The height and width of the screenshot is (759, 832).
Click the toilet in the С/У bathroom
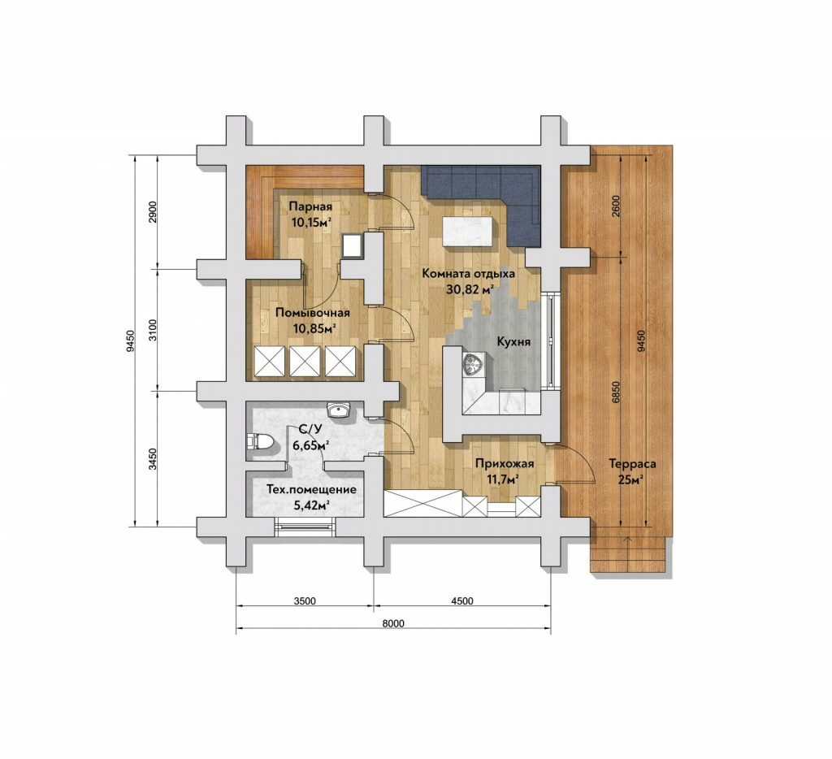tap(261, 441)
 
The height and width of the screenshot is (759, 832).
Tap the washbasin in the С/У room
tap(339, 410)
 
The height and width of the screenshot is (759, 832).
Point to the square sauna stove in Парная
tap(352, 245)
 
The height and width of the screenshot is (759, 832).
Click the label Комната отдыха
tap(469, 274)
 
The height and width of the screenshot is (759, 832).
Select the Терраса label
tap(632, 464)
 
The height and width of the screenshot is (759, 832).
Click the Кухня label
tap(513, 342)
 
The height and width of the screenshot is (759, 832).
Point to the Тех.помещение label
tap(311, 489)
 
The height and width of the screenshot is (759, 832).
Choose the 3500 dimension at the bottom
tap(305, 601)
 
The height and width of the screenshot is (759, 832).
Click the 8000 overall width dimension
tap(392, 623)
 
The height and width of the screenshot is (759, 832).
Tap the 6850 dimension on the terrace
tap(615, 393)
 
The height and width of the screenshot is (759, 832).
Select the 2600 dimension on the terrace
tap(615, 206)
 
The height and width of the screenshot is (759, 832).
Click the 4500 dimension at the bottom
tap(462, 601)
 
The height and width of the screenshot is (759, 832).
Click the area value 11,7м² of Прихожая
tap(503, 479)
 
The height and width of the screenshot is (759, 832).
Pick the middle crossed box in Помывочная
tap(305, 362)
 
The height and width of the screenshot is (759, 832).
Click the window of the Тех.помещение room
tap(305, 526)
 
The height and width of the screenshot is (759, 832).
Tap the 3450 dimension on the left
tap(153, 459)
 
